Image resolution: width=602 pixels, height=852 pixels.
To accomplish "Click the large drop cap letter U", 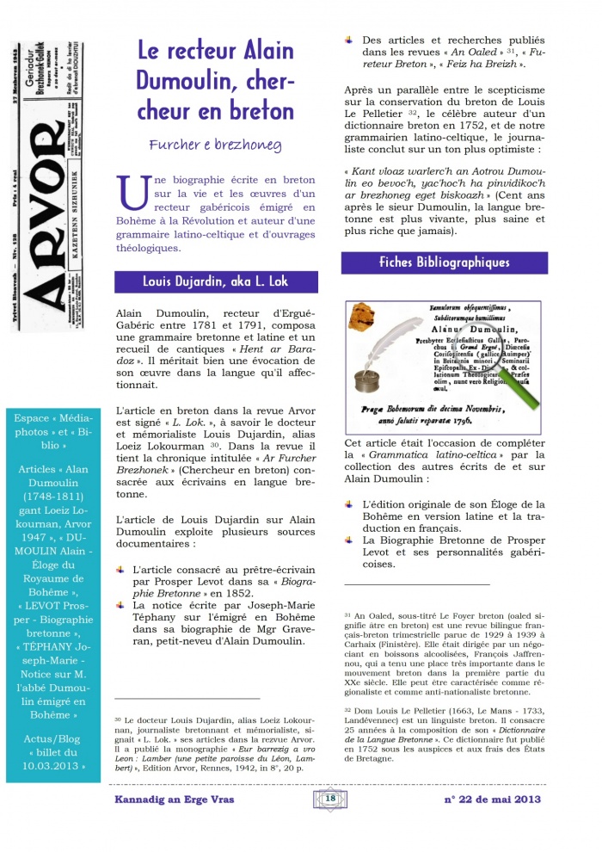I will click(136, 193).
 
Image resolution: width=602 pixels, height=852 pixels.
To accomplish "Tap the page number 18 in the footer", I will click(330, 800).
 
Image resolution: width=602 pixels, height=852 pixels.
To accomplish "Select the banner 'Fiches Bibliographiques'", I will click(444, 262).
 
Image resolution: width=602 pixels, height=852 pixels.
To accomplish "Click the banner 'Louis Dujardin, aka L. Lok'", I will click(216, 281).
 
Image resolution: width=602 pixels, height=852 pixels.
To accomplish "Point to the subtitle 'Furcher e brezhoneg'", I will click(216, 145).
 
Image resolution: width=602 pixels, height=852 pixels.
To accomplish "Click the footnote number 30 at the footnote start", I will click(118, 718).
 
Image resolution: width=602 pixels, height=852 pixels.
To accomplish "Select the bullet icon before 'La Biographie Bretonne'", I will click(350, 540).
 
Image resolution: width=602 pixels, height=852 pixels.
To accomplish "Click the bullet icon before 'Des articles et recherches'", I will click(350, 39).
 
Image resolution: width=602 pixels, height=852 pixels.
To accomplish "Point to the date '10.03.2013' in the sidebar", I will click(54, 765).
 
